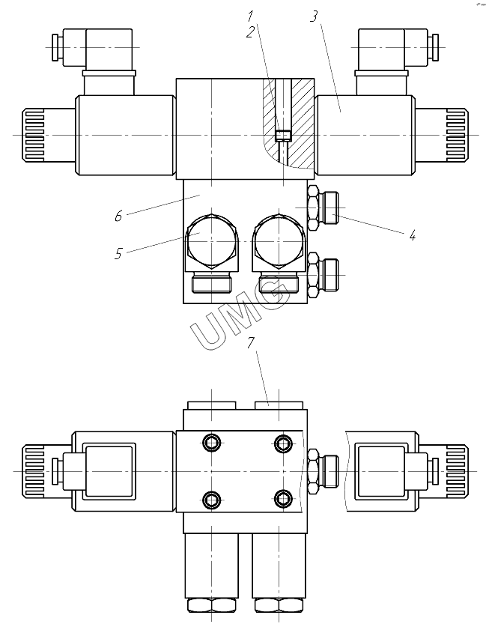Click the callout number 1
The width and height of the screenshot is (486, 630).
point(251,16)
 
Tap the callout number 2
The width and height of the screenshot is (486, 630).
point(251,32)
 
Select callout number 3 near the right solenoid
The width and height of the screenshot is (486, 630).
point(314,16)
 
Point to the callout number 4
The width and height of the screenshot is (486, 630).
point(413,235)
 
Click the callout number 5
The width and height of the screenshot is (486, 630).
point(118,253)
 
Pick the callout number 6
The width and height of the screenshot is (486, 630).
point(118,216)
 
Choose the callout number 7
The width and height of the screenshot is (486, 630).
point(251,343)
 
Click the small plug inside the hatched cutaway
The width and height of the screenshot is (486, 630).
point(284,136)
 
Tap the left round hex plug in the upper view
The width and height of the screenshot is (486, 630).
point(211,241)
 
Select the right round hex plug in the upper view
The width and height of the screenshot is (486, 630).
point(278,241)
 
